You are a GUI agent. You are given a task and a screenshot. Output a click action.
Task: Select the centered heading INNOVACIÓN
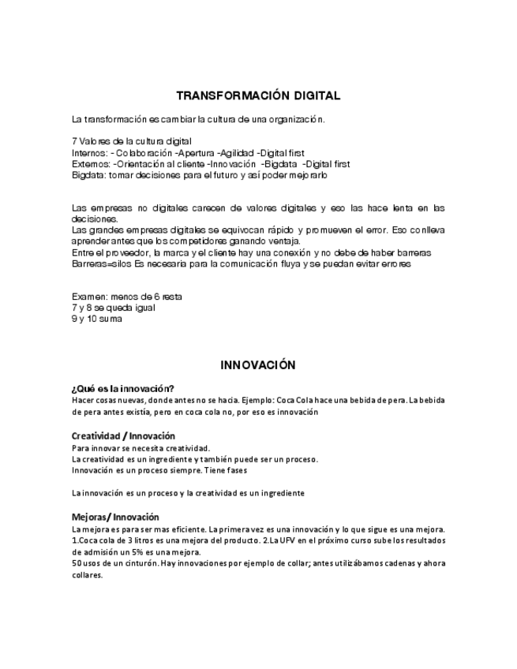pyautogui.click(x=258, y=365)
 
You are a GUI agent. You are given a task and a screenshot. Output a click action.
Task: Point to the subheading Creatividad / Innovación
pyautogui.click(x=123, y=435)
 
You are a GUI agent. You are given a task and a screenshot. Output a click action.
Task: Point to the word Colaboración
pyautogui.click(x=144, y=153)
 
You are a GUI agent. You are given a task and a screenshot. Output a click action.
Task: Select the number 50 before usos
pyautogui.click(x=77, y=564)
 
